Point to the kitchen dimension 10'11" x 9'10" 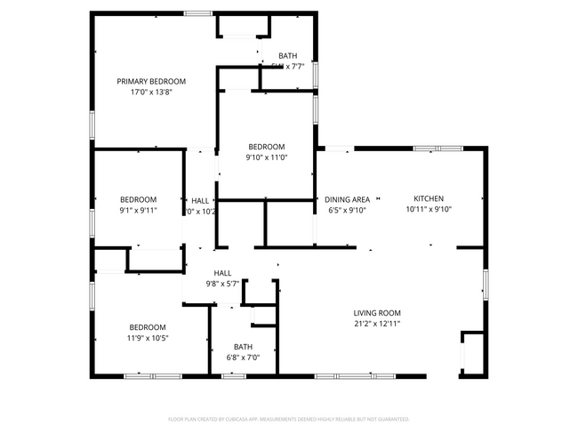click(429, 210)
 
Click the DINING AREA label click(347, 199)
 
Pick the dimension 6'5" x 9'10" click(347, 211)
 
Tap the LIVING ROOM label click(377, 313)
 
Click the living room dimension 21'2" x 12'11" click(377, 324)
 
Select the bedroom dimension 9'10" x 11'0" click(266, 157)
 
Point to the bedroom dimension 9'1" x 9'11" click(139, 211)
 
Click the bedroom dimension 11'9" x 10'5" click(147, 338)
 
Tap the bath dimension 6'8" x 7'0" click(243, 358)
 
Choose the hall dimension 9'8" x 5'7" click(221, 285)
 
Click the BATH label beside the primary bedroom click(287, 55)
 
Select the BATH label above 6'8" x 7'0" click(243, 347)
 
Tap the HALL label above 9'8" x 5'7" click(221, 273)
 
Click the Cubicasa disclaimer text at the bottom click(288, 418)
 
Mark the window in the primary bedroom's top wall click(198, 13)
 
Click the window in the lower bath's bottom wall click(233, 376)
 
